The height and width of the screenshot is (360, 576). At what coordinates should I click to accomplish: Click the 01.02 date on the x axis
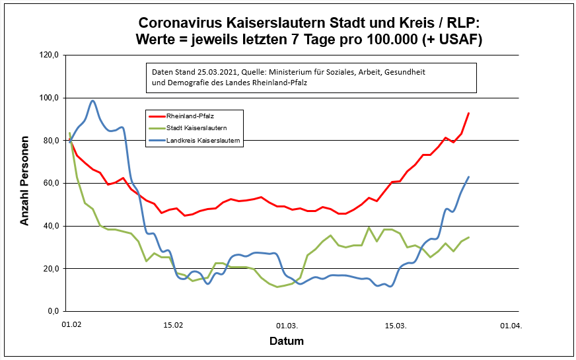click(x=71, y=325)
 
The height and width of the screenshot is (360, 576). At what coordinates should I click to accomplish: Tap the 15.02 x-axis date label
click(x=173, y=325)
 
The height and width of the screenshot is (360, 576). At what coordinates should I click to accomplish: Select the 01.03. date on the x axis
click(x=287, y=325)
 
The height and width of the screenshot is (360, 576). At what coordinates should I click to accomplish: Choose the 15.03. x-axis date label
click(x=395, y=325)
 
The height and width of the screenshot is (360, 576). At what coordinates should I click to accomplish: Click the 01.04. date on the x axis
click(x=511, y=325)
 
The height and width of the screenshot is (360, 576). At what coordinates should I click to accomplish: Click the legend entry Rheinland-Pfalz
click(x=185, y=116)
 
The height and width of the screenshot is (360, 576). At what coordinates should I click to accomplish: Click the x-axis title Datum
click(x=287, y=342)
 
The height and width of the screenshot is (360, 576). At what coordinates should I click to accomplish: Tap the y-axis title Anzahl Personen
click(x=24, y=181)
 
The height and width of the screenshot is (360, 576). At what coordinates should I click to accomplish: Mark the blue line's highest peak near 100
click(x=93, y=101)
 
